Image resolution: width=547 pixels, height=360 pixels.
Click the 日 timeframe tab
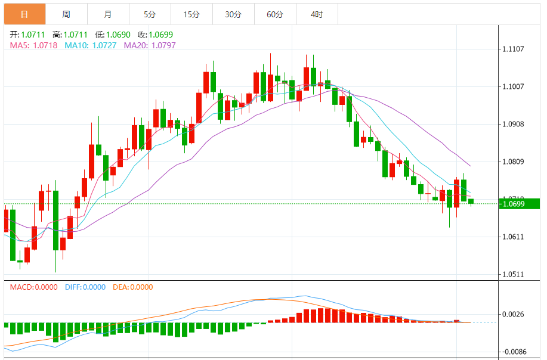coord(24,14)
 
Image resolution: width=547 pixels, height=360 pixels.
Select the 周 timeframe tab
coord(66,14)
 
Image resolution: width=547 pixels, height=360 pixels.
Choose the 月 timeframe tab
coord(107,14)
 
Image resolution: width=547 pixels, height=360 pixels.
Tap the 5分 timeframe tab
coord(149,14)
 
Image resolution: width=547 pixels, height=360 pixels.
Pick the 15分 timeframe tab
coord(191,14)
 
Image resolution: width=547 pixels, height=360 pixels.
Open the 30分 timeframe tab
coord(233,14)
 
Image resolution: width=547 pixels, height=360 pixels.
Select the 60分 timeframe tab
coord(275,14)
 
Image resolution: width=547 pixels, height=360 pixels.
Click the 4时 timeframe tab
coord(317,14)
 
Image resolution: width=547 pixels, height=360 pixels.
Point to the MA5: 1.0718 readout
coord(33,45)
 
